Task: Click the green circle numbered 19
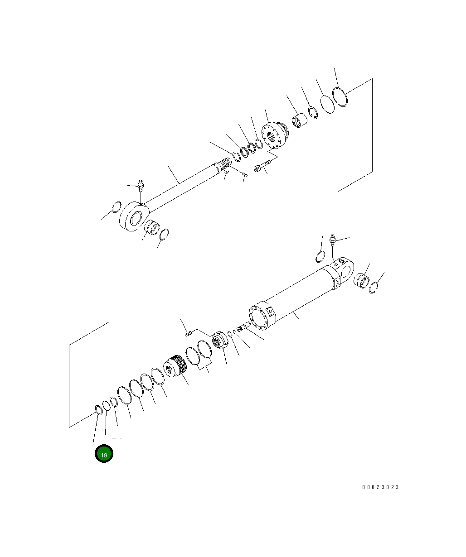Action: (104, 454)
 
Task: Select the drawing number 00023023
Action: (380, 487)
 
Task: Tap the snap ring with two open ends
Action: (313, 113)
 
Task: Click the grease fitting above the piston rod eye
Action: (141, 186)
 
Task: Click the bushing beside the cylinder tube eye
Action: (362, 280)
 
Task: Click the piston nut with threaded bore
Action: (219, 341)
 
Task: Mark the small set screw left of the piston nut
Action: (189, 334)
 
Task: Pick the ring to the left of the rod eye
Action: (116, 207)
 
